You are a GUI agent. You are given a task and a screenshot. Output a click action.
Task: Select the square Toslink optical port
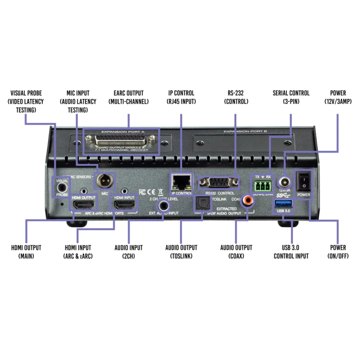[200, 205]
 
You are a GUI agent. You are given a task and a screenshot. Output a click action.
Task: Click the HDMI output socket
[83, 206]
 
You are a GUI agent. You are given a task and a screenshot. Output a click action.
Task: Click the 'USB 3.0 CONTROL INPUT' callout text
[291, 252]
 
